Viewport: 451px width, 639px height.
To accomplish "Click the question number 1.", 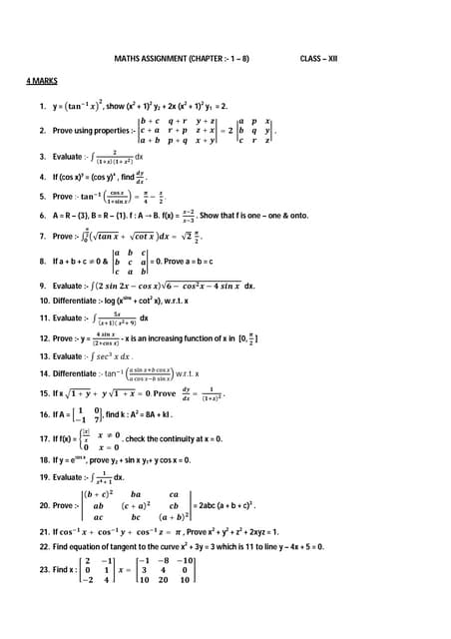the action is tap(42, 105).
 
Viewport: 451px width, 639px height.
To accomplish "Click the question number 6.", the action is tap(42, 215).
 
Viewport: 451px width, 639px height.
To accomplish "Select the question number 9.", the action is tap(42, 285).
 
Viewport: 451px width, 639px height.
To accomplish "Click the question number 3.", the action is tap(42, 157).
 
